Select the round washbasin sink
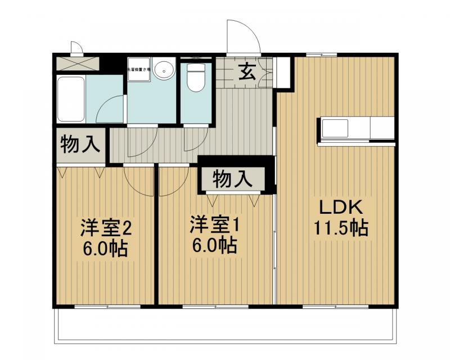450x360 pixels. click(164, 71)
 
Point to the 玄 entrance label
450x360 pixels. click(246, 71)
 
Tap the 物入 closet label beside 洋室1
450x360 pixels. click(231, 179)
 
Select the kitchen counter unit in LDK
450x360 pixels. click(357, 129)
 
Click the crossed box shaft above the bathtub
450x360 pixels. click(78, 63)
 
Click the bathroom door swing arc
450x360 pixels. click(112, 107)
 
